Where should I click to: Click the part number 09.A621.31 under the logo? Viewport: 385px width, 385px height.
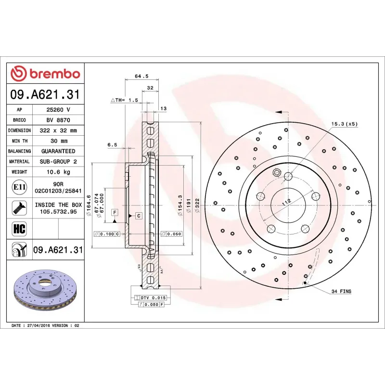click(46, 95)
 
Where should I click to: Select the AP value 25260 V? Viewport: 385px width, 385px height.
click(58, 110)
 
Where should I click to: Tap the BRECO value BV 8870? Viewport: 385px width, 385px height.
click(58, 120)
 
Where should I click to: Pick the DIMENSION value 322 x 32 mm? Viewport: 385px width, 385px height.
click(58, 130)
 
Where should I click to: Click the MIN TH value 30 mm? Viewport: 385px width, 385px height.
click(58, 141)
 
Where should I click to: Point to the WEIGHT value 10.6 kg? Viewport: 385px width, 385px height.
click(58, 172)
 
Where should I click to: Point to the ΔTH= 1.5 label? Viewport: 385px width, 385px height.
click(124, 100)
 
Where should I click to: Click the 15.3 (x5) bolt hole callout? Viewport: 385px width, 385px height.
click(344, 124)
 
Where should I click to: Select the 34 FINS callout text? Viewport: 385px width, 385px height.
click(341, 292)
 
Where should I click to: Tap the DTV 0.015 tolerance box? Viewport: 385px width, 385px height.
click(151, 298)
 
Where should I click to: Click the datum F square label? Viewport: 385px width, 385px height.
click(115, 212)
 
